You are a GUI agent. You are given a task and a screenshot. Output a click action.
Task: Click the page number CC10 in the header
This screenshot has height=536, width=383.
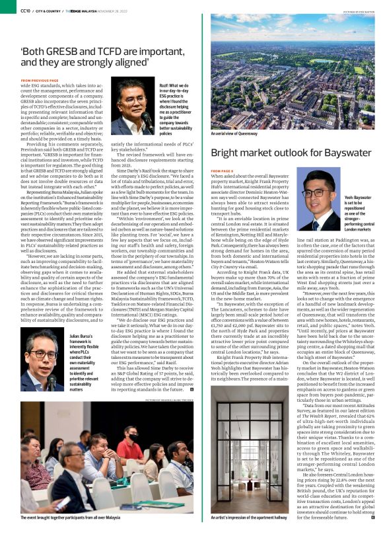[x=25, y=11]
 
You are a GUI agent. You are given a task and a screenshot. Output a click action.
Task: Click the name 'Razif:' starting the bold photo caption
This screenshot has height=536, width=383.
[x=164, y=86]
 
